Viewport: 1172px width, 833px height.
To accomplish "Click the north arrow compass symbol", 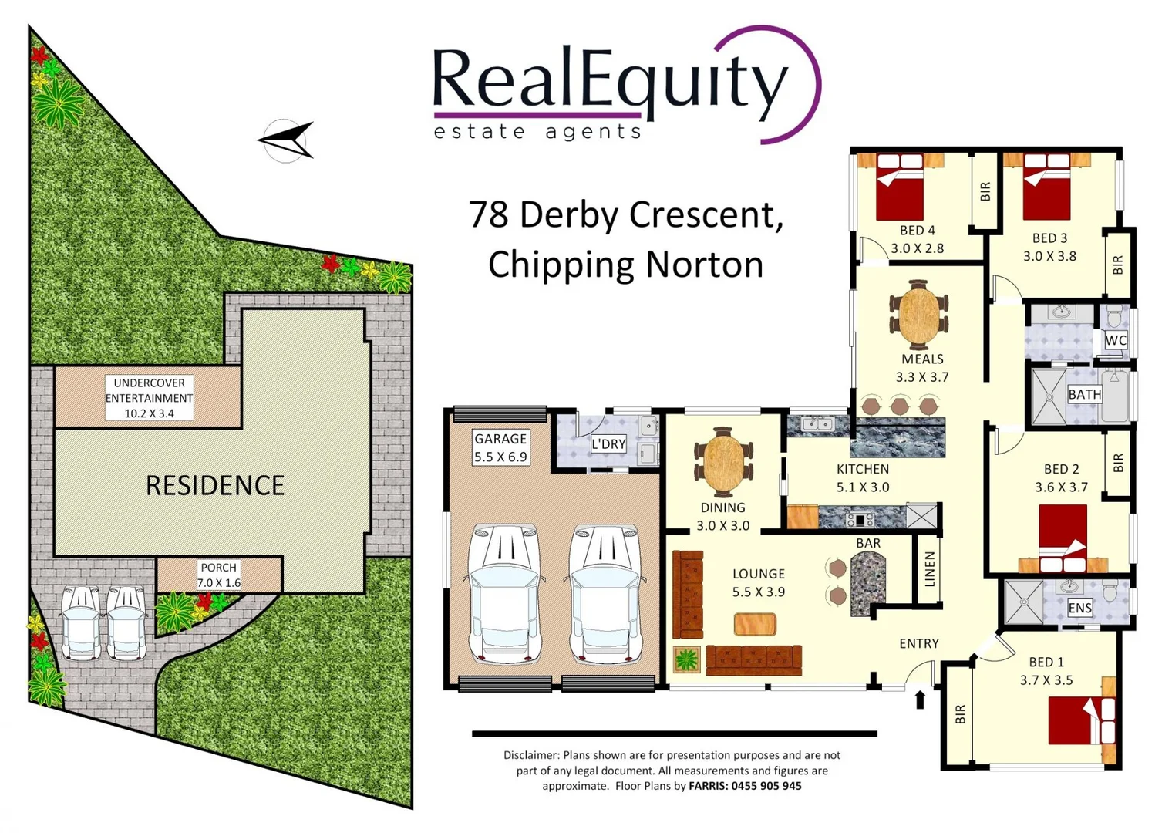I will (286, 140).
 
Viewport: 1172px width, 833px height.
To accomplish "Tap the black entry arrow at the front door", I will (919, 700).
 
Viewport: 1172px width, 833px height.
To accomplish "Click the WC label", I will (1116, 340).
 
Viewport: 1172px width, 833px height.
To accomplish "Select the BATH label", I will (1084, 394).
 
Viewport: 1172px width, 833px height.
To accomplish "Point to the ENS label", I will (1079, 608).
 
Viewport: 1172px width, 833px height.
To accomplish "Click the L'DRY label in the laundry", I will (608, 443).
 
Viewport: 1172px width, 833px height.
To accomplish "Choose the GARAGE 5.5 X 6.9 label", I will (500, 447).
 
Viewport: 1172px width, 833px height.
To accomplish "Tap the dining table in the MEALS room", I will (918, 315).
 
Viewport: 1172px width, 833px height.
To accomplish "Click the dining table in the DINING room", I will (723, 461).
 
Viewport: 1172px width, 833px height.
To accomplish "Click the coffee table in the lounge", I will (755, 623).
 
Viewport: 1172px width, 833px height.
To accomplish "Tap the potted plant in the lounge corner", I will (685, 660).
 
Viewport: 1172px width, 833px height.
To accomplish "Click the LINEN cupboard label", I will (930, 569).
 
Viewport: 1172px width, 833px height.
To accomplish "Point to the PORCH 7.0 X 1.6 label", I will (219, 575).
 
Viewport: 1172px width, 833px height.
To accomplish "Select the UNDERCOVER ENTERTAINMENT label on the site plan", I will (150, 398).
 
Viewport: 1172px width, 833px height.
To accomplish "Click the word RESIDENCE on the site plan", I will (215, 485).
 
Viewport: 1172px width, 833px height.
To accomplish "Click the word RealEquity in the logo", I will (609, 81).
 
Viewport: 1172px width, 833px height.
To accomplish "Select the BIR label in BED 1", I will (960, 714).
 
